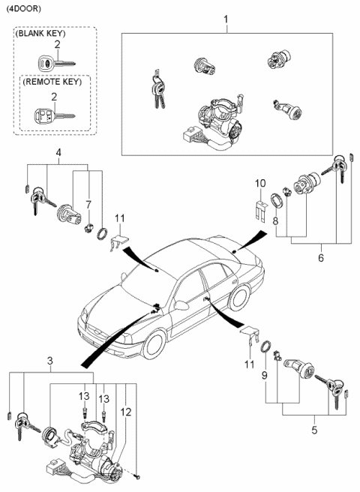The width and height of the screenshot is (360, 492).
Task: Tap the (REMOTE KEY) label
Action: click(51, 82)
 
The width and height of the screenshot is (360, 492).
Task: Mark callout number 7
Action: click(88, 204)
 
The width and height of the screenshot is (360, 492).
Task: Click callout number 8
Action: click(276, 222)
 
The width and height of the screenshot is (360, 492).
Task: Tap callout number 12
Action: click(127, 411)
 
